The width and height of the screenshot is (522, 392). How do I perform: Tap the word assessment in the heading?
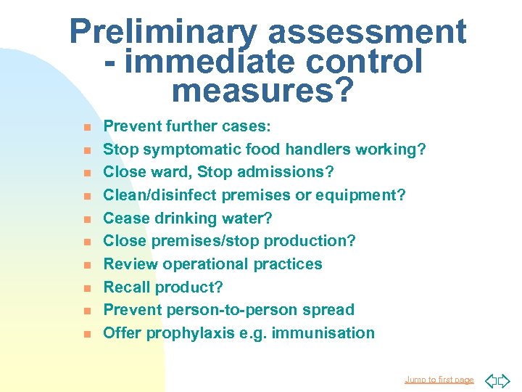368,33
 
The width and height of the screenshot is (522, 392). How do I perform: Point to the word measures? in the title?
262,91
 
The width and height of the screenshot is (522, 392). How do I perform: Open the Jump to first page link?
439,380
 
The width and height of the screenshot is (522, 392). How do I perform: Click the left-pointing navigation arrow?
489,380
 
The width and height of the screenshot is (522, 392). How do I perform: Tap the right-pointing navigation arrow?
504,380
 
